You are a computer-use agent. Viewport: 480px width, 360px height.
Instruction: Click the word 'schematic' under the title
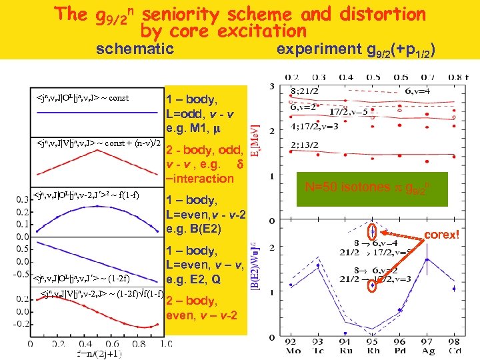point(135,49)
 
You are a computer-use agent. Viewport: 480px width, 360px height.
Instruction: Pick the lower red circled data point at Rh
point(372,285)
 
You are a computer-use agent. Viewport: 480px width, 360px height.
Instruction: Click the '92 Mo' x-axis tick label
point(291,347)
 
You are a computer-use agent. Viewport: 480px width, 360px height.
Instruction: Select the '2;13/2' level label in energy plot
point(304,142)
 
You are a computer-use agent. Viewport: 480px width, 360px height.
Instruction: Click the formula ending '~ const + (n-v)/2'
point(98,143)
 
